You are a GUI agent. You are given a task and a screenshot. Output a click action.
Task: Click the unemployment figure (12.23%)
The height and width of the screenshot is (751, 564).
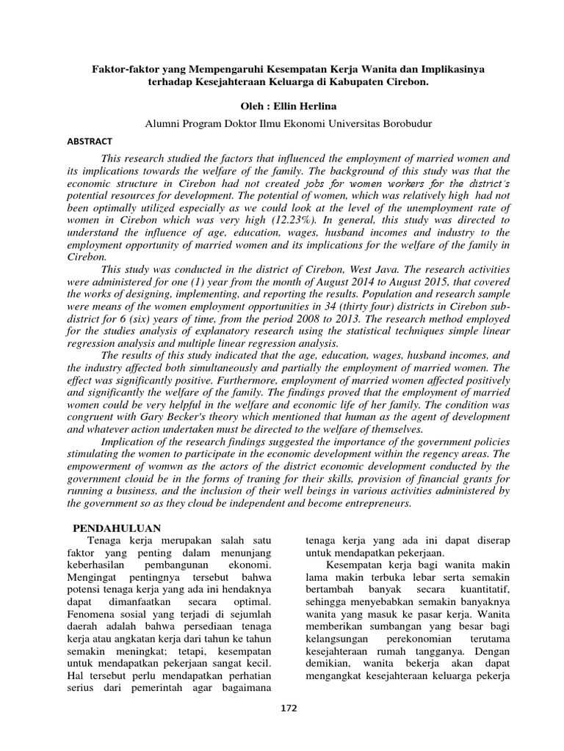click(277, 219)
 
